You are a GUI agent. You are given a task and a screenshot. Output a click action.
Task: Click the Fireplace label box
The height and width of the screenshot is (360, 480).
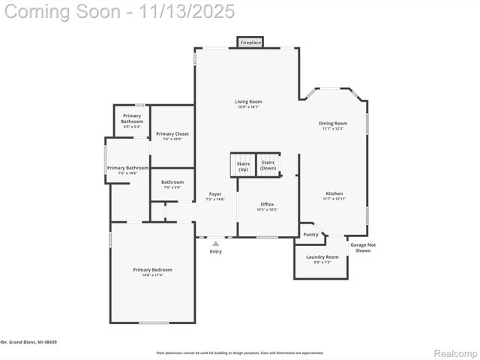(250, 43)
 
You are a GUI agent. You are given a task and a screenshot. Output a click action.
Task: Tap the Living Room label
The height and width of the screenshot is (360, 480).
(248, 101)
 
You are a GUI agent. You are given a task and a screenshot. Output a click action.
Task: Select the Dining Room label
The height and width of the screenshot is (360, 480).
(333, 123)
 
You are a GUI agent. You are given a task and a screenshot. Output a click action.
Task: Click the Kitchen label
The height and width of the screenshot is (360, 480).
(334, 193)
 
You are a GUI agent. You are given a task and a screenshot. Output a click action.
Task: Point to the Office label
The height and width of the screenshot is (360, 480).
(267, 204)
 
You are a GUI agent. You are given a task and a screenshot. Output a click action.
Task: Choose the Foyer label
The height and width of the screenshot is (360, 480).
(215, 193)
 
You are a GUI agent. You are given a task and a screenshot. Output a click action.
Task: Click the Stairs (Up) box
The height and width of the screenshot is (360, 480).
(243, 166)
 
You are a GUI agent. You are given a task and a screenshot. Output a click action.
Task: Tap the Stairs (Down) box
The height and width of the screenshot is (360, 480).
(268, 165)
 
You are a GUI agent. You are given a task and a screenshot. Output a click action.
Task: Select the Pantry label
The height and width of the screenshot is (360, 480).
(310, 235)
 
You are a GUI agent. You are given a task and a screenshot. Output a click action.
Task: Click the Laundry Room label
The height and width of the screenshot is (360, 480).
(322, 257)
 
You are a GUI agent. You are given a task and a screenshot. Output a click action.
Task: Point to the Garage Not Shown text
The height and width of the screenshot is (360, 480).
(363, 247)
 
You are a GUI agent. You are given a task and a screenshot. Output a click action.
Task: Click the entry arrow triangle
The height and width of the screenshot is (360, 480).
(216, 243)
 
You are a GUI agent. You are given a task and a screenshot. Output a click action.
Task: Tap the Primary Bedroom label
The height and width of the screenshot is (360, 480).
(152, 270)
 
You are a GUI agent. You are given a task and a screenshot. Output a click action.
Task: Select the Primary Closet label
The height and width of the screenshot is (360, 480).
(172, 133)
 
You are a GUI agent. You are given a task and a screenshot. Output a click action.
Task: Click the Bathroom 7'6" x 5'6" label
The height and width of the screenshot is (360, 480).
(172, 181)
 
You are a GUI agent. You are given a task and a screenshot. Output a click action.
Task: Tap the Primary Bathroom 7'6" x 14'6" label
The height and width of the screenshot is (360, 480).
(127, 168)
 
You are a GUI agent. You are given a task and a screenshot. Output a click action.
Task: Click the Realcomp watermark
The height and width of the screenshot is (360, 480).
(455, 352)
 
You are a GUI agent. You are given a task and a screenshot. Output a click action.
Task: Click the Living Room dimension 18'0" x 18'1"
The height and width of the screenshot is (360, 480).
(248, 106)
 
